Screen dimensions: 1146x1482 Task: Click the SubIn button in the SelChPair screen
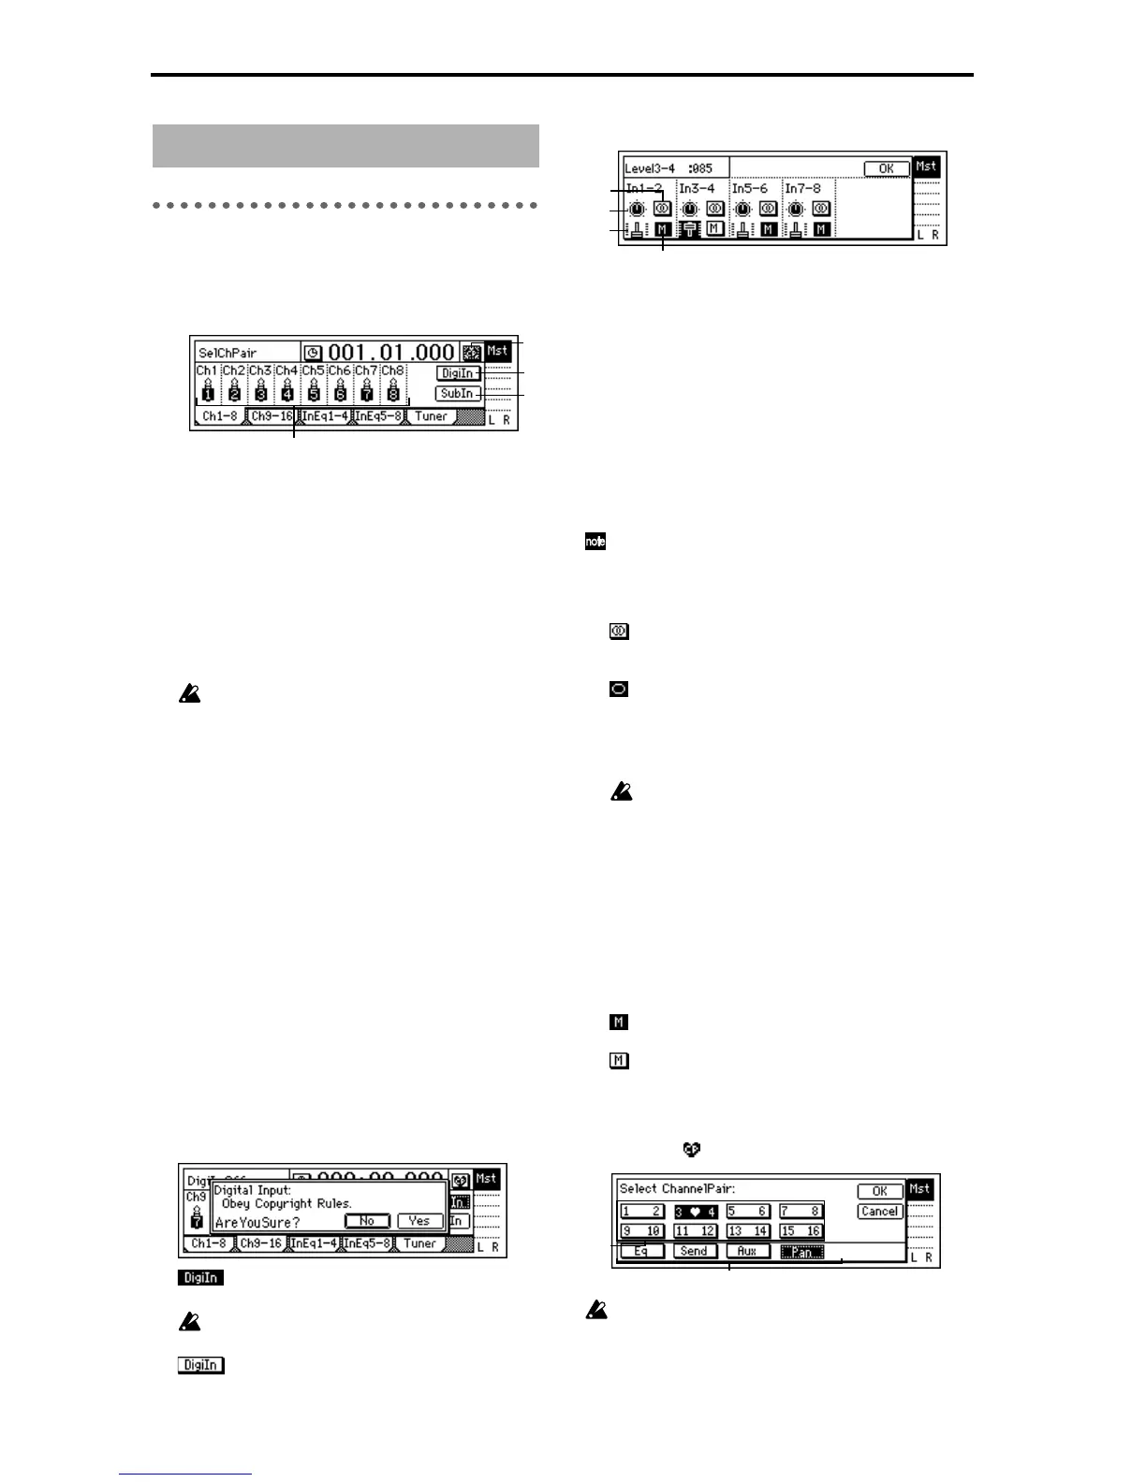tap(458, 394)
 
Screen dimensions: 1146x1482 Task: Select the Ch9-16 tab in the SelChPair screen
tap(272, 416)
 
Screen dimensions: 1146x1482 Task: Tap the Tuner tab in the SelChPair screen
tap(431, 416)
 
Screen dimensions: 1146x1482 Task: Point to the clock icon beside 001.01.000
tap(313, 354)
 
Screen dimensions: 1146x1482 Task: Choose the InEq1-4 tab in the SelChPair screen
tap(325, 416)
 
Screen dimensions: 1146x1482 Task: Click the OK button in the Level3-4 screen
tap(886, 169)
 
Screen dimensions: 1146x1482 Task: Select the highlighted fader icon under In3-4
tap(690, 229)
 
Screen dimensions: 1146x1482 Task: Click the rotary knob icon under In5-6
tap(742, 209)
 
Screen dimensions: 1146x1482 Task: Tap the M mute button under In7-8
tap(821, 229)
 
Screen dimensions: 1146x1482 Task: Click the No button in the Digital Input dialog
tap(367, 1221)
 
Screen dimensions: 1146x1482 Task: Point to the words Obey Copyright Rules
tap(286, 1204)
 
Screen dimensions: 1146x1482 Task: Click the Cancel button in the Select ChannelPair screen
tap(879, 1212)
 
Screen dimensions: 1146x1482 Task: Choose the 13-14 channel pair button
tap(748, 1231)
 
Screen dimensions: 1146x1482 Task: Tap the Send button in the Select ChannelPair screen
tap(694, 1252)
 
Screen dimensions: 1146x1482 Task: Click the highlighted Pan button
tap(802, 1252)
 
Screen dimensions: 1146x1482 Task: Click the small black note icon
tap(595, 542)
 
